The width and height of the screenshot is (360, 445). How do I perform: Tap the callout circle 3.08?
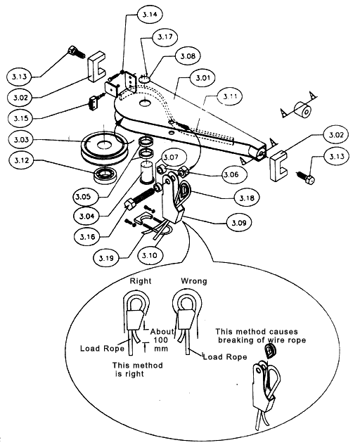click(x=187, y=55)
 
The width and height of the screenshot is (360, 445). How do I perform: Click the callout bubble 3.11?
click(x=230, y=96)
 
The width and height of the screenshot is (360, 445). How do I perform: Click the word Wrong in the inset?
click(x=193, y=281)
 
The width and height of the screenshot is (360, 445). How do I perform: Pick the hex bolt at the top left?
click(x=74, y=52)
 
